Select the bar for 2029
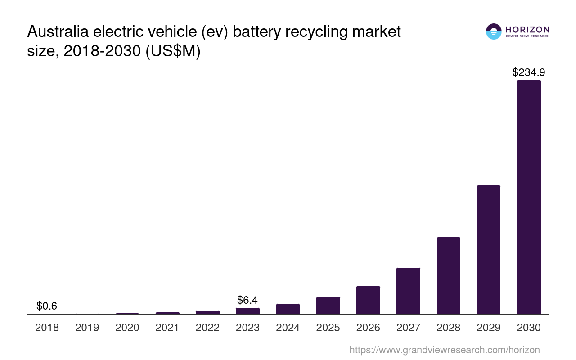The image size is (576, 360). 489,250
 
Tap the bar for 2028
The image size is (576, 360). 448,275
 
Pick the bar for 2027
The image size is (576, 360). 408,291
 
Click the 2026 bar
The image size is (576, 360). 368,300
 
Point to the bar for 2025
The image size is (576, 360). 328,306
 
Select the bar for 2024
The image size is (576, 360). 288,309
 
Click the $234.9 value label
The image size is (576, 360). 529,72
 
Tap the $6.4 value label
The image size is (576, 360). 247,300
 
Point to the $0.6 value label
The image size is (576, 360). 47,306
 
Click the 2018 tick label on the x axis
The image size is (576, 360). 47,328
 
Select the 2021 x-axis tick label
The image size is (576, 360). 167,328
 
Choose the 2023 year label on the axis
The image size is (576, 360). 247,328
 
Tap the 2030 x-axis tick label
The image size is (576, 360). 529,328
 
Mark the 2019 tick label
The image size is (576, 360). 87,328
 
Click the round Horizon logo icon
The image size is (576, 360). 494,31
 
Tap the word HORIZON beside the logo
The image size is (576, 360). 527,30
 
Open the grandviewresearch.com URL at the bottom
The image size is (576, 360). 444,350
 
